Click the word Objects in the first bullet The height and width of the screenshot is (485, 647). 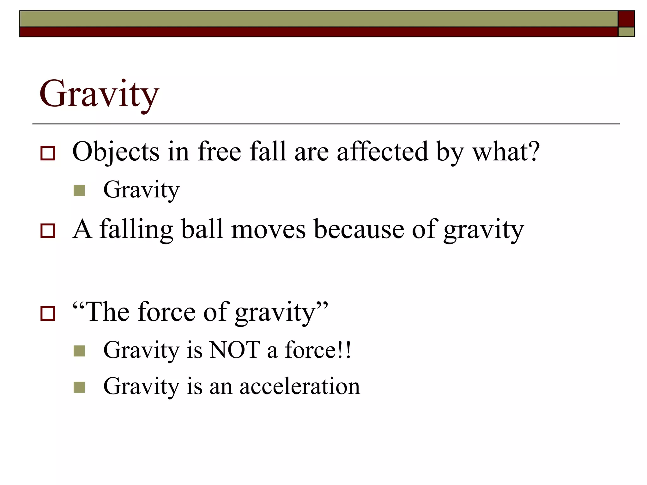coord(116,152)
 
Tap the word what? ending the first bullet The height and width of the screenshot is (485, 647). coord(506,152)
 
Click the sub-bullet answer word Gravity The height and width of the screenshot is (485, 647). coord(141,190)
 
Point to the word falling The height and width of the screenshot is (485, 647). coord(136,230)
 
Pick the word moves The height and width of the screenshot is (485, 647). coord(268,230)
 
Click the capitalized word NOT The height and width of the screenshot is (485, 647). coord(235,350)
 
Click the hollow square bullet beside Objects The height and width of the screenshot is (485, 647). coord(48,153)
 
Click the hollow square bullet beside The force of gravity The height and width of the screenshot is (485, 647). coord(48,314)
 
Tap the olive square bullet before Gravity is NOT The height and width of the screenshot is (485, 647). coord(79,351)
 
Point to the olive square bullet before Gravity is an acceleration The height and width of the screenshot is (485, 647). coord(79,387)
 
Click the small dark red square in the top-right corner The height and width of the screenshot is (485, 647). coord(626,19)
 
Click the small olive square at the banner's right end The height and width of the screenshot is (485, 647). coord(626,32)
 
